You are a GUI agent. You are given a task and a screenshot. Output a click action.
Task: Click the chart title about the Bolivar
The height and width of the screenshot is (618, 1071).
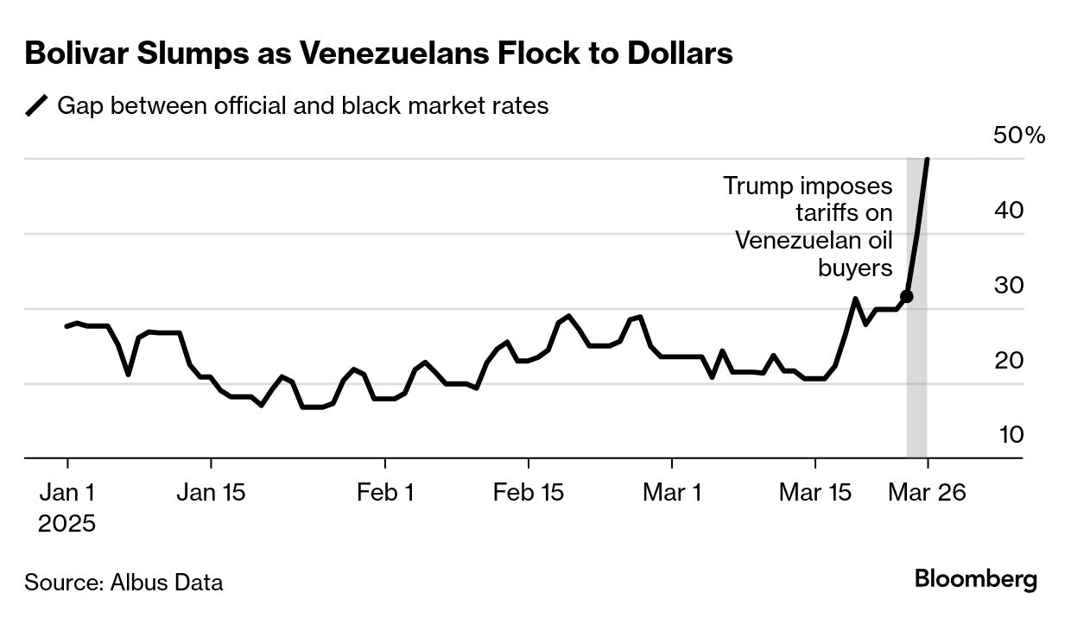click(x=378, y=54)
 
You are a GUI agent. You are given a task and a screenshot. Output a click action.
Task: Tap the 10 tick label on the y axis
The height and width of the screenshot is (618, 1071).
click(x=1011, y=435)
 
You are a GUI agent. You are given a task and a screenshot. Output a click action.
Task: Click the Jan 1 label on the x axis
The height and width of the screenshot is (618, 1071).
click(x=67, y=493)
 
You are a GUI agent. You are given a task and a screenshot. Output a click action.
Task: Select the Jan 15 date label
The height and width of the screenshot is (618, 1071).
click(x=211, y=493)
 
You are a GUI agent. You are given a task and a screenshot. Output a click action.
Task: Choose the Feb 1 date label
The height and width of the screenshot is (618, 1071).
click(x=385, y=493)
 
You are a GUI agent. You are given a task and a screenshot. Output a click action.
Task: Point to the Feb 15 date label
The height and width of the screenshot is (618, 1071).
click(x=529, y=493)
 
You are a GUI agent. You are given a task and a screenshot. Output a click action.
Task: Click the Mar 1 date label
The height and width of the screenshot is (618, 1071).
click(x=673, y=493)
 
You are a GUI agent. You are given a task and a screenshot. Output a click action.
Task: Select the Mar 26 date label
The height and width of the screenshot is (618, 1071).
click(x=927, y=493)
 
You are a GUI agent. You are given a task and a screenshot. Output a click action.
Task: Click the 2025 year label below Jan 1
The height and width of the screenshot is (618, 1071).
click(x=67, y=523)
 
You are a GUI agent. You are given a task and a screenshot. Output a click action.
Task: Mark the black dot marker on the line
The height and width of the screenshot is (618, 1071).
click(x=906, y=297)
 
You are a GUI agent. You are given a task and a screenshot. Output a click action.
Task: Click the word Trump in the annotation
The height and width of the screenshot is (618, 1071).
click(x=757, y=186)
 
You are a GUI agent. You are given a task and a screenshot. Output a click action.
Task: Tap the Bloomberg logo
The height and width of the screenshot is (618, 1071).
click(x=976, y=579)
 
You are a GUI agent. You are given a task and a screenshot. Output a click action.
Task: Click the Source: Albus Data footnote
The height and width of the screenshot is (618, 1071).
click(x=124, y=582)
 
